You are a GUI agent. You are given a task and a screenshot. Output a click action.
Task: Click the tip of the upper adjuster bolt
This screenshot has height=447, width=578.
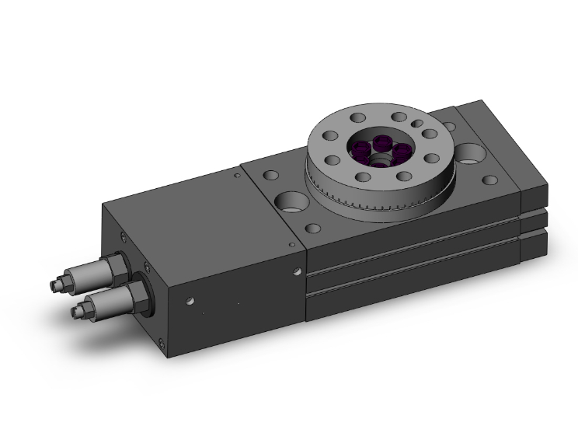coord(54,286)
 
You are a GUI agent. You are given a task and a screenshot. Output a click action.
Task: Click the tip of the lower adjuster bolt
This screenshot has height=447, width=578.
coord(76,313)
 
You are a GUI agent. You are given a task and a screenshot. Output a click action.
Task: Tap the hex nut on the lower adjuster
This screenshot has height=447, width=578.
coord(140,296)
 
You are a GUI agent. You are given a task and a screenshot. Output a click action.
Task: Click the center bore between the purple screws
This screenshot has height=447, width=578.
coord(381,159)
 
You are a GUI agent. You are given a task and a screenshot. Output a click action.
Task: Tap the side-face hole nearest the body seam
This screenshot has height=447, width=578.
coord(296,273)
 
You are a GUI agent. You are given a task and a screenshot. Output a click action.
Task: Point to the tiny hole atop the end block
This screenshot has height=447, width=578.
coord(238,176)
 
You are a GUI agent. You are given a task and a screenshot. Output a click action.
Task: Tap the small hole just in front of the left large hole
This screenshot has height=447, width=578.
coord(313,230)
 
